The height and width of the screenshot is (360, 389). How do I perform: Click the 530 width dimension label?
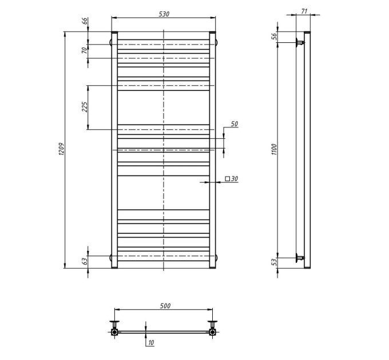pyautogui.click(x=164, y=14)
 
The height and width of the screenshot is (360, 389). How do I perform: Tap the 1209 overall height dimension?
pyautogui.click(x=61, y=149)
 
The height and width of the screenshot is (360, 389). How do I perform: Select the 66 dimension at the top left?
pyautogui.click(x=85, y=21)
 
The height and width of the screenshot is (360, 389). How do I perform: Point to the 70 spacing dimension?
pyautogui.click(x=85, y=50)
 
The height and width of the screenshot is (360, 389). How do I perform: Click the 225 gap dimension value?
pyautogui.click(x=85, y=107)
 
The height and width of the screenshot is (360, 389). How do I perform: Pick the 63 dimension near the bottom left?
pyautogui.click(x=85, y=261)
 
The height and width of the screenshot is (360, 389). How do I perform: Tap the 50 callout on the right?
pyautogui.click(x=235, y=124)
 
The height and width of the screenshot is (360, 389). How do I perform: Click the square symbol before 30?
pyautogui.click(x=227, y=178)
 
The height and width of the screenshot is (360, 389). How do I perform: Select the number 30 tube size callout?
pyautogui.click(x=235, y=179)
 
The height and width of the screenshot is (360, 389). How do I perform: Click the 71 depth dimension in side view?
pyautogui.click(x=304, y=11)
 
